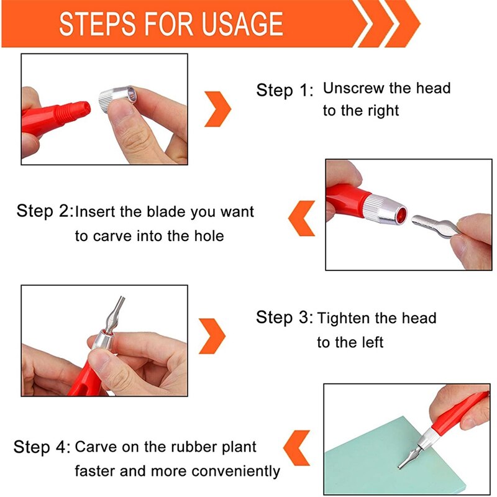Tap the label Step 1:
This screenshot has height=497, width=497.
coord(285,90)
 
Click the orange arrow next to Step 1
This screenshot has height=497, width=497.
coord(217,109)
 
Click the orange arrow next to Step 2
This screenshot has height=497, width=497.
coord(301,217)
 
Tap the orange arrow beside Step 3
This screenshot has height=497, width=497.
coord(212,336)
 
